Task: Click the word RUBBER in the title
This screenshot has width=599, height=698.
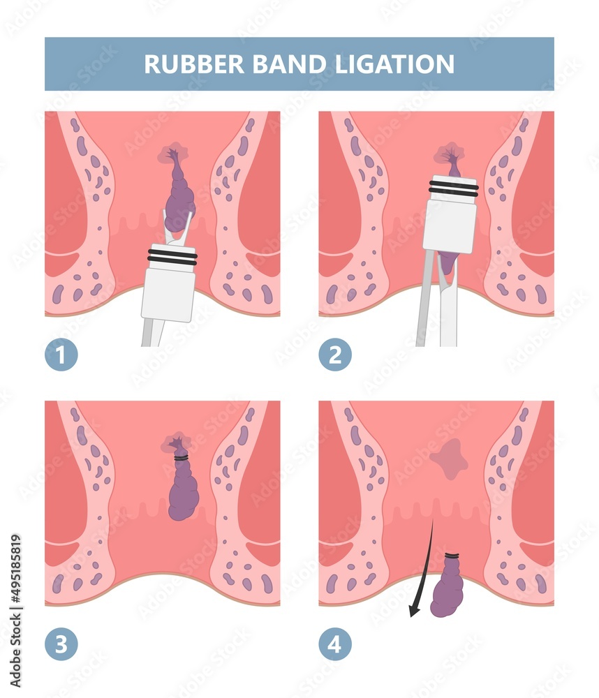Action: [193, 64]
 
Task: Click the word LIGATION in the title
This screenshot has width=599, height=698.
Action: [394, 64]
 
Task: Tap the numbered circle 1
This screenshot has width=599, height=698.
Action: [61, 355]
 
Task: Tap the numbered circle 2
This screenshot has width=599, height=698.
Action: [335, 355]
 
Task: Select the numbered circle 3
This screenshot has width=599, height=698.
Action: [61, 644]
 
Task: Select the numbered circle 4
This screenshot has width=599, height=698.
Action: [335, 644]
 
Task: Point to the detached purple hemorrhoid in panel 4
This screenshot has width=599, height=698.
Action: [447, 587]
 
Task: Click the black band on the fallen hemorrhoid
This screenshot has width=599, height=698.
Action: [452, 556]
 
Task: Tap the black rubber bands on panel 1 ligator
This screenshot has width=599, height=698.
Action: [172, 257]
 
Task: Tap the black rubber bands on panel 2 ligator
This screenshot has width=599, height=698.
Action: [453, 188]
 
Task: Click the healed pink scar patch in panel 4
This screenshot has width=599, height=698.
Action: [449, 459]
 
